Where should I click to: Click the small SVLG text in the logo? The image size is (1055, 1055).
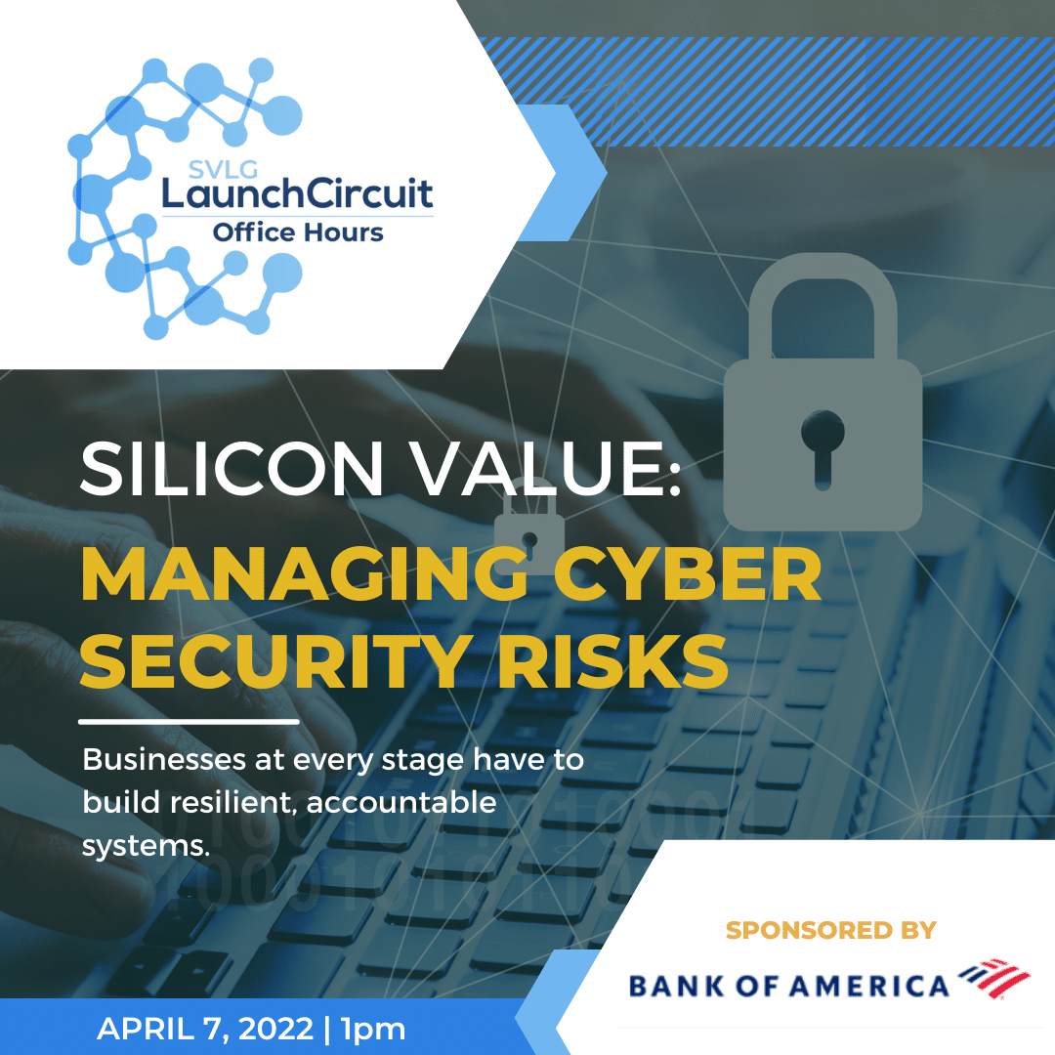tap(223, 170)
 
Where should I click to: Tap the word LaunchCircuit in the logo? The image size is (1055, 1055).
tap(297, 193)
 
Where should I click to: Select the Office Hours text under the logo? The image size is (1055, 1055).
tap(297, 232)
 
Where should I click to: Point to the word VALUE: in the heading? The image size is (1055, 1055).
tap(546, 468)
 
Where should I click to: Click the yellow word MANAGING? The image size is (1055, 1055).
tap(304, 574)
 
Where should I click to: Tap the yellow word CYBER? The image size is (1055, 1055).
tap(687, 574)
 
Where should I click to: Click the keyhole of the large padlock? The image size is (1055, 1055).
tap(823, 447)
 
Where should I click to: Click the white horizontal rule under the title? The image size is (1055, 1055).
tap(189, 722)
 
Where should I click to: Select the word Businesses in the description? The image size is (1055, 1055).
tap(164, 760)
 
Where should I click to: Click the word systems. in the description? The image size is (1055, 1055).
tap(146, 846)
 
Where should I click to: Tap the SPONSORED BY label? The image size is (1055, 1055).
tap(831, 930)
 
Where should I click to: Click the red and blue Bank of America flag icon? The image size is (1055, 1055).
tap(993, 978)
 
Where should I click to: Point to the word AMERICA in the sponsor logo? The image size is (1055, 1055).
tap(869, 987)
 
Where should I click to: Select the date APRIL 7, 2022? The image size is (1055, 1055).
tap(205, 1029)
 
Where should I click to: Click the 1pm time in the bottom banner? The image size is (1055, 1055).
tap(373, 1030)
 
